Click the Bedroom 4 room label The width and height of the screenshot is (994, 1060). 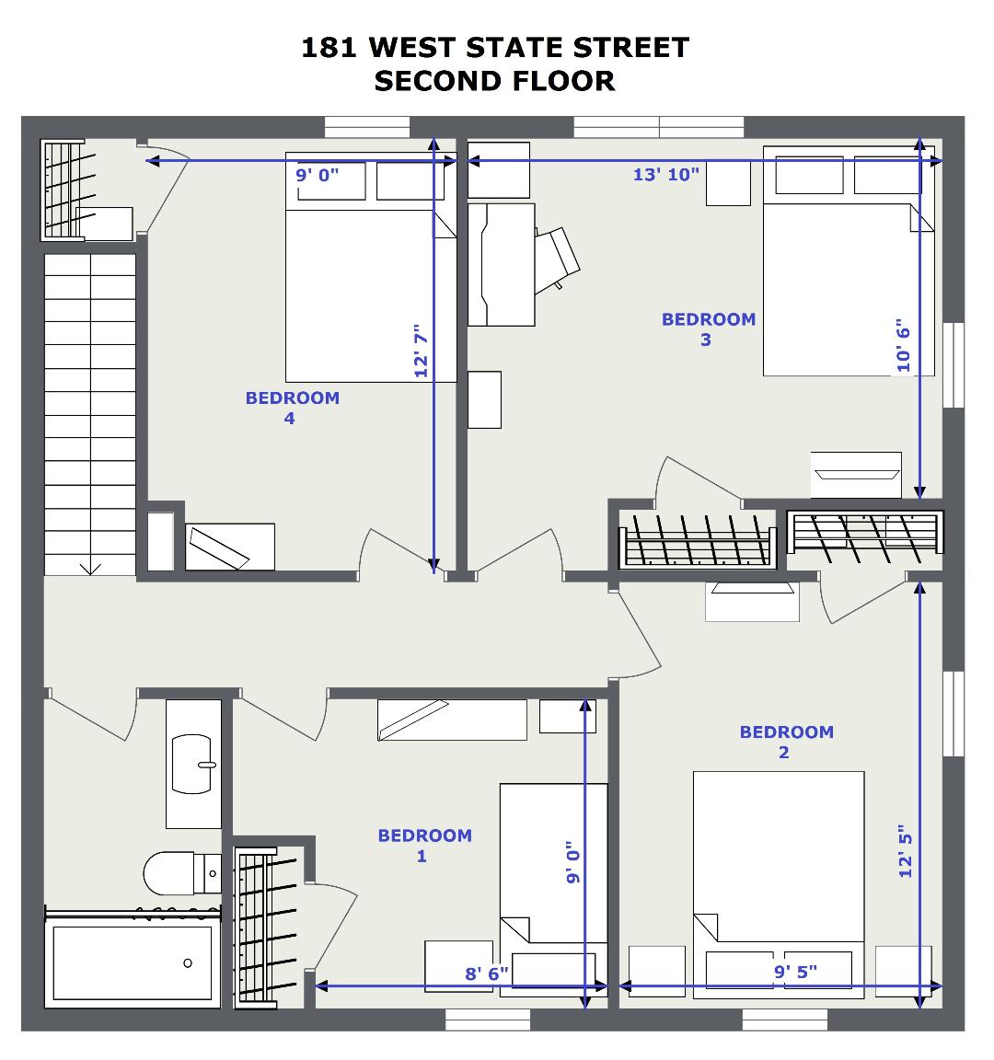292,408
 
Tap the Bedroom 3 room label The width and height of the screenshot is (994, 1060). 708,329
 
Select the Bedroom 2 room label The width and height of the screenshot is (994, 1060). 786,742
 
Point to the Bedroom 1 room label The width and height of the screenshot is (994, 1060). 424,845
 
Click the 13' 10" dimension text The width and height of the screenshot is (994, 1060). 665,175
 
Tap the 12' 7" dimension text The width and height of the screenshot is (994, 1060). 422,351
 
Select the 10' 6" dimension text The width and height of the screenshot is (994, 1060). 904,345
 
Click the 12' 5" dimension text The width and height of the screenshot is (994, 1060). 905,851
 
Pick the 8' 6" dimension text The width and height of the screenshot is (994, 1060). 486,974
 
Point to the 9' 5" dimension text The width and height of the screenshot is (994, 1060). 795,972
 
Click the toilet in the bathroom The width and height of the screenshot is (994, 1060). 182,872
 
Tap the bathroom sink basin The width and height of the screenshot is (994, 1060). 193,764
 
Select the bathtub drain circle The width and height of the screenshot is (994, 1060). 188,962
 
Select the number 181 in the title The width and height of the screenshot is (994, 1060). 329,48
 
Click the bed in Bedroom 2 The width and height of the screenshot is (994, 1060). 779,884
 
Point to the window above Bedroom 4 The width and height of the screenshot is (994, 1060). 367,127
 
